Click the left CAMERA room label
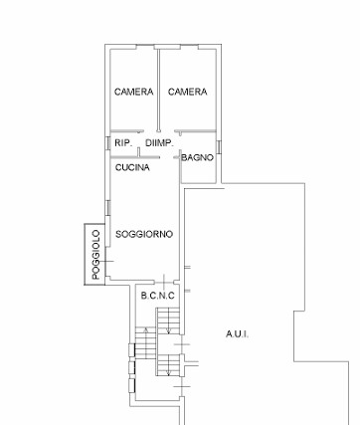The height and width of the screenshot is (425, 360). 133,92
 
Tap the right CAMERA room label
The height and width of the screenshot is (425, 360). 187,92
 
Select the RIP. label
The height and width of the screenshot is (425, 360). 123,143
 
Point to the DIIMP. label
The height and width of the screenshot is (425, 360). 159,143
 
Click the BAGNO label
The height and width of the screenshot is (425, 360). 197,157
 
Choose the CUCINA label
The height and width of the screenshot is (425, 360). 132,167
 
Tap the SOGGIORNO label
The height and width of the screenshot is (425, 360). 144,234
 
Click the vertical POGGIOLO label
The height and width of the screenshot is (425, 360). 95,255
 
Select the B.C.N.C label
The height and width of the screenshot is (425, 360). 157,296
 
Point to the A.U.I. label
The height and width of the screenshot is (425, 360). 238,334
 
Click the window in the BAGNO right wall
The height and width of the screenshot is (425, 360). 219,147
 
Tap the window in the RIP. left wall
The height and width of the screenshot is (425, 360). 107,143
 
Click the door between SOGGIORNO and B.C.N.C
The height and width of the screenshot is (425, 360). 164,283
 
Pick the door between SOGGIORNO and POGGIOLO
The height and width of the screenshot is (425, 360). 106,262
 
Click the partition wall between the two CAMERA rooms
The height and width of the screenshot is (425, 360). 158,90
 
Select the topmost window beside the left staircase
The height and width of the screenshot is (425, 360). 131,350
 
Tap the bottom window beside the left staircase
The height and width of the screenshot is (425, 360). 131,385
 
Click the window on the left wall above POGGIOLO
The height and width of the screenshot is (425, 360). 107,208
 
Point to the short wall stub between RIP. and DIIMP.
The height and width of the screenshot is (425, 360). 139,152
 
